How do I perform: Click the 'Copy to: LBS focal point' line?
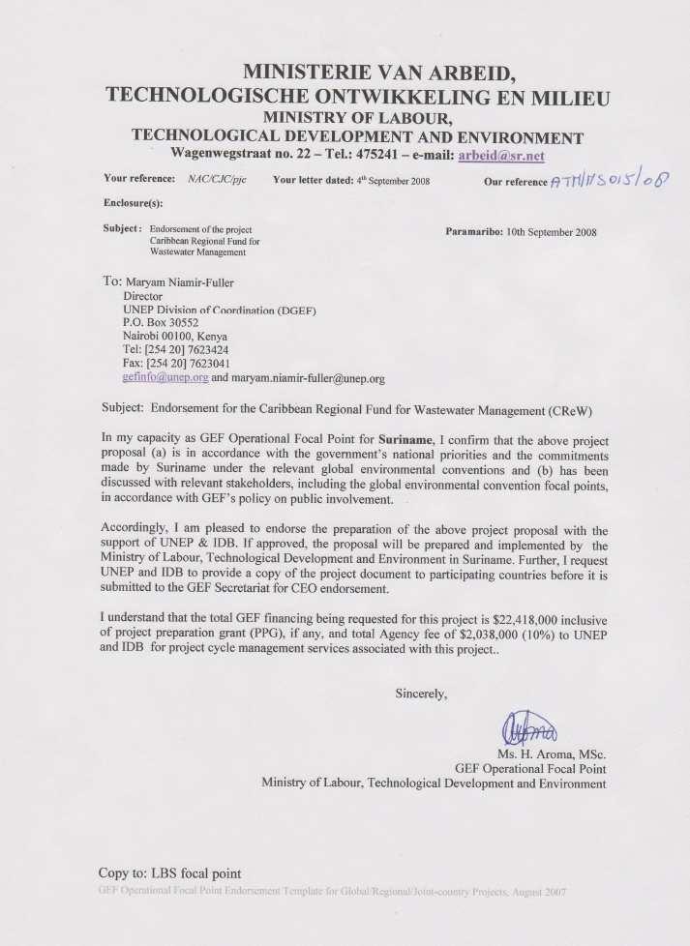click(169, 872)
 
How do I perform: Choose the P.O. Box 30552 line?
click(160, 322)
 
